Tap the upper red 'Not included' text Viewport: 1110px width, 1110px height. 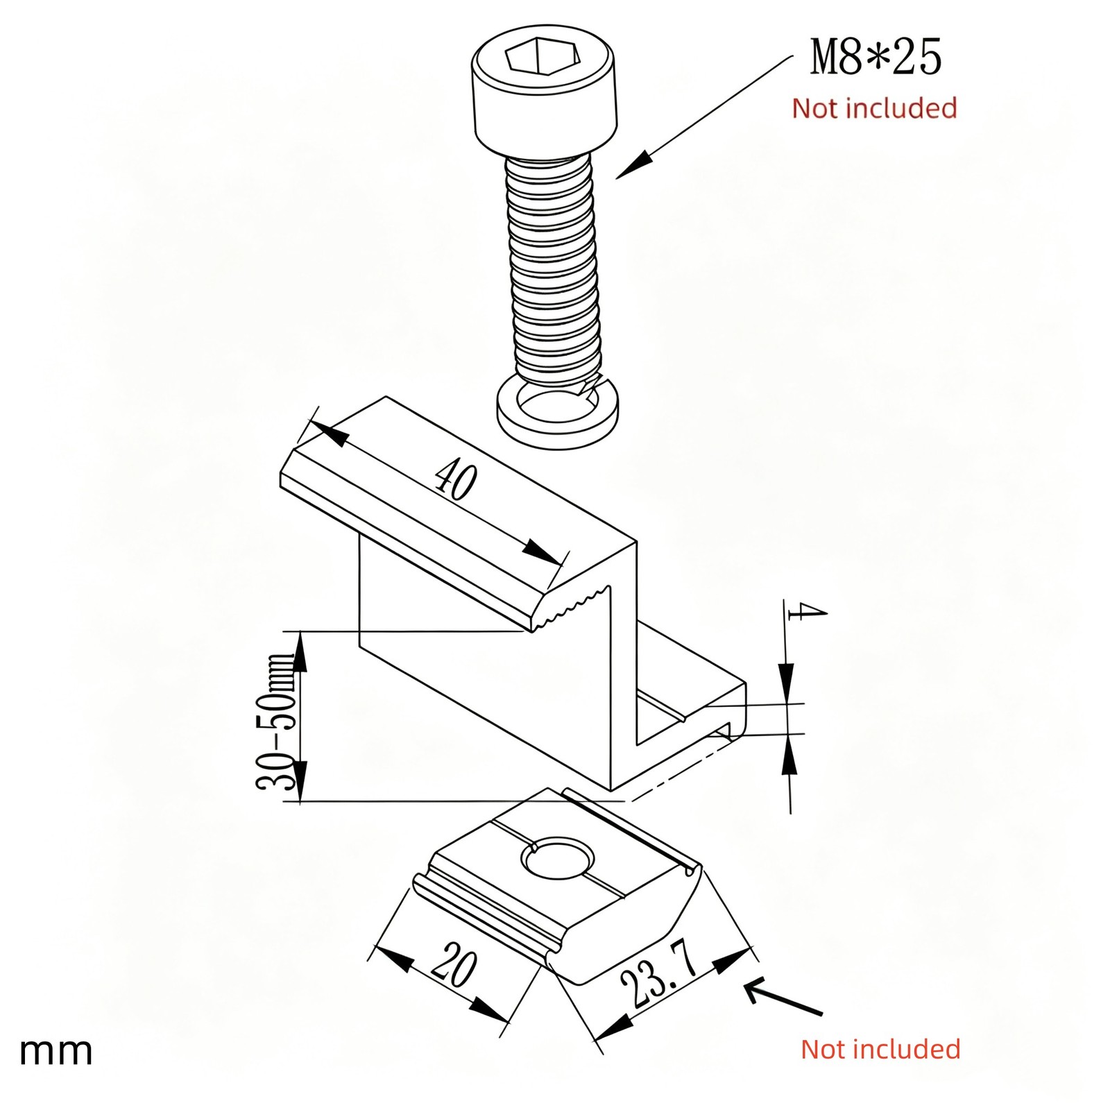click(874, 108)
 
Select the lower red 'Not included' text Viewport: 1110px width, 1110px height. click(880, 1049)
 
